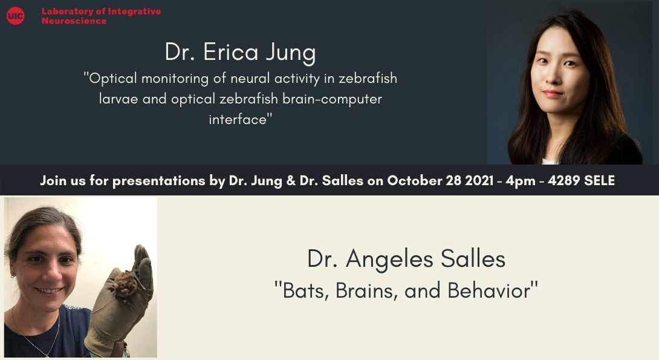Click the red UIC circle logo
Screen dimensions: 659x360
tap(16, 16)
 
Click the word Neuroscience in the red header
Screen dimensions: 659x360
tap(74, 21)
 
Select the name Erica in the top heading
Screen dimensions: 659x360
tap(231, 52)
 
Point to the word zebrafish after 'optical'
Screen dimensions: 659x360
tap(248, 99)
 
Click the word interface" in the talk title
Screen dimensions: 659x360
tap(241, 119)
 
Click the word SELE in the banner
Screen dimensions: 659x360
tap(599, 180)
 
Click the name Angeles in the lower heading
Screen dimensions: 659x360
tap(389, 260)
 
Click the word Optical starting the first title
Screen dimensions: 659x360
tap(111, 79)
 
